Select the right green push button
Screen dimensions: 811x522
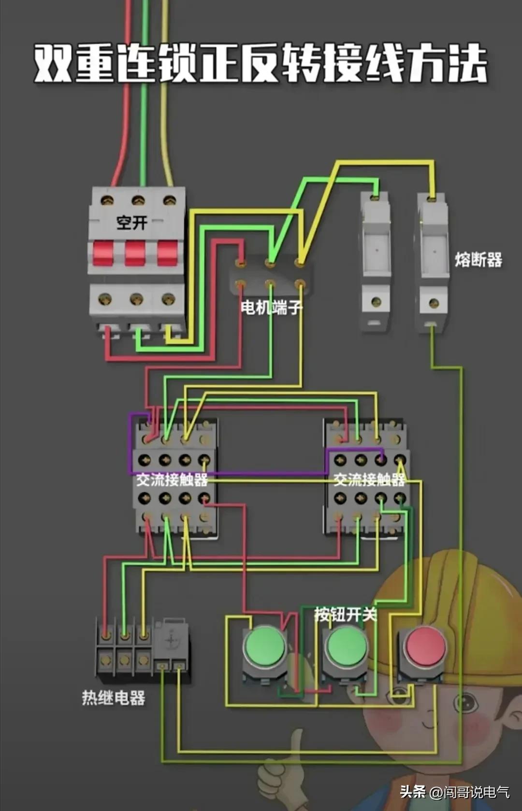346,647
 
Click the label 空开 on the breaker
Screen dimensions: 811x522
131,223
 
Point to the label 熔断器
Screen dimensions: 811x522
478,260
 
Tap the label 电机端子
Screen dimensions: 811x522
271,307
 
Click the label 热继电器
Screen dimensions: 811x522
114,698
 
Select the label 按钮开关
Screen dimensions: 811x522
345,614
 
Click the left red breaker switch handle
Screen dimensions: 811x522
103,253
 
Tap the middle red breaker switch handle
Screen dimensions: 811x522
135,253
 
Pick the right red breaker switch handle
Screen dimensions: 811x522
167,253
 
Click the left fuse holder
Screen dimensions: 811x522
376,261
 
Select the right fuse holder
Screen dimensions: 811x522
433,261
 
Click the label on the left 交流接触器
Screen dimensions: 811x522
172,479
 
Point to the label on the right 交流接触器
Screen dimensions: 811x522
369,479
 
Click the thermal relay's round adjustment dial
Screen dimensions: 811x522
171,640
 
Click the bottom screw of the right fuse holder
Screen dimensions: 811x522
434,304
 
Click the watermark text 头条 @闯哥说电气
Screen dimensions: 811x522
454,792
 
